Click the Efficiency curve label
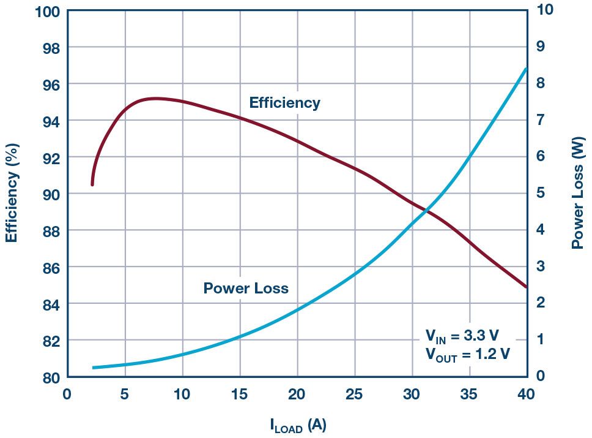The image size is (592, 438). coord(284,103)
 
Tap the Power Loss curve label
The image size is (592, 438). coord(245,289)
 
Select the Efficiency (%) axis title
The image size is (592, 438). coord(12,193)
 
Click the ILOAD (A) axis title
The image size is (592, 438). coord(298,425)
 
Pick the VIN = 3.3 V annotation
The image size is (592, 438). coord(462,336)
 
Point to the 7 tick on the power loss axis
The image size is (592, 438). coord(540,119)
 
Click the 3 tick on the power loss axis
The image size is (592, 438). coord(540,266)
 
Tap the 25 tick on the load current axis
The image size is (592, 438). coord(354,394)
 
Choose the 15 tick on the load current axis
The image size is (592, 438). coord(239,394)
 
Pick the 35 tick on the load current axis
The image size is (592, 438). coord(469,394)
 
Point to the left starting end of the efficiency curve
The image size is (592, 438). coord(92,184)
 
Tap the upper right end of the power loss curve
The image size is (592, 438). coord(526,69)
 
